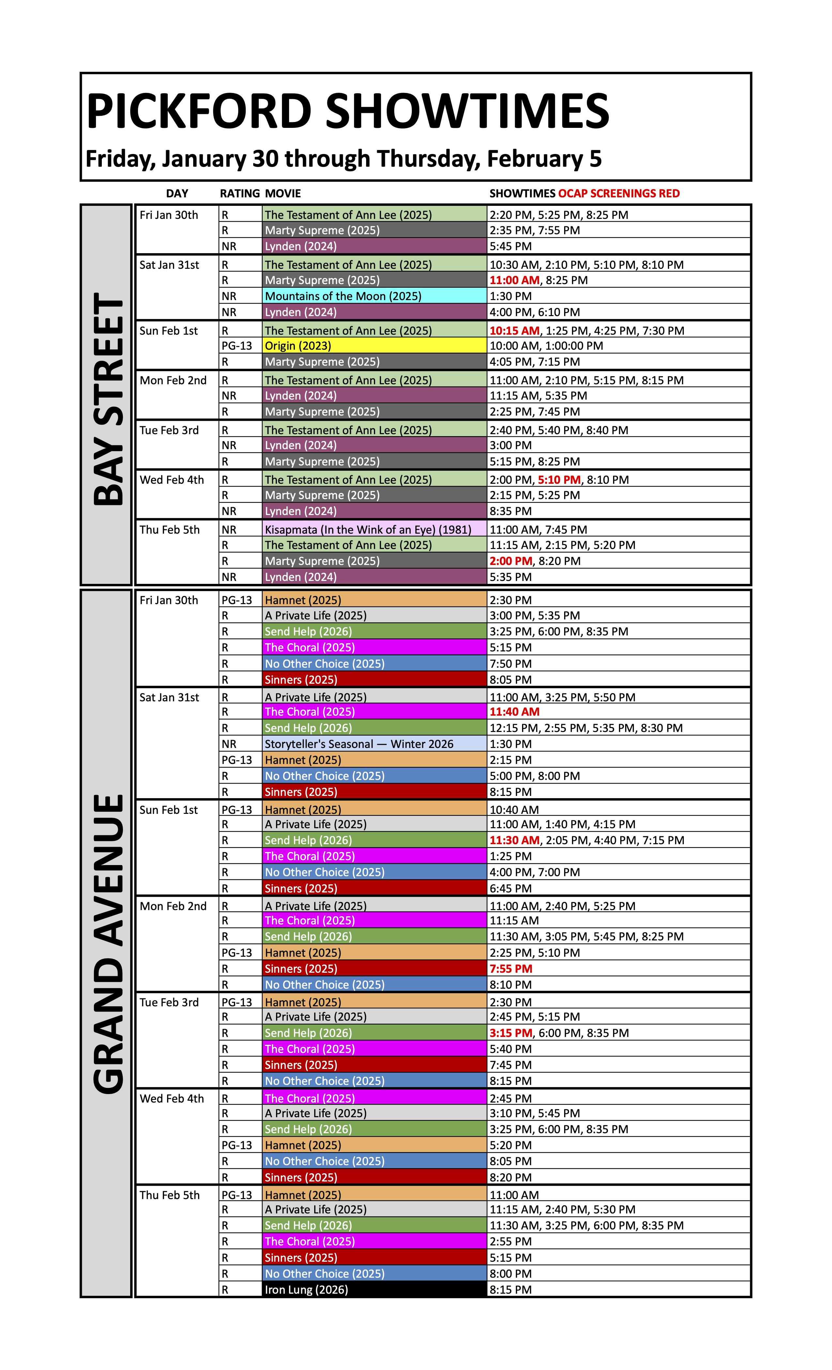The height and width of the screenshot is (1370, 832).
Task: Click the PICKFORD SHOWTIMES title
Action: [x=347, y=111]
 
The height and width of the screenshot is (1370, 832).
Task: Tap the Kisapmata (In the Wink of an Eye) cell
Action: [x=368, y=529]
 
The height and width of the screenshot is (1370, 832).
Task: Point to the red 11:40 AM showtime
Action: [x=515, y=712]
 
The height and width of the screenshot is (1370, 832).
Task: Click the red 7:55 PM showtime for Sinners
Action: [x=511, y=968]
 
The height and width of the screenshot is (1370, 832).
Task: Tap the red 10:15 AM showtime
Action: [x=515, y=331]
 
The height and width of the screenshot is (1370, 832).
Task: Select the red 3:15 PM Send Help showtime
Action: [x=511, y=1033]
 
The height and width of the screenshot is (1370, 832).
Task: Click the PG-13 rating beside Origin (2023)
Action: [x=237, y=346]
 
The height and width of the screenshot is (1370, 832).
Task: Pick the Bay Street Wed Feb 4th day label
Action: [x=172, y=480]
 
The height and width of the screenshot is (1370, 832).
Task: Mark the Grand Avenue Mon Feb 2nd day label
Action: [x=173, y=906]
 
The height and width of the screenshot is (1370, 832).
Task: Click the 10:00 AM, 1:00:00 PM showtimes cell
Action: [x=546, y=346]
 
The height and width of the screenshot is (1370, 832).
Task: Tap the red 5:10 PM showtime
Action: [x=559, y=480]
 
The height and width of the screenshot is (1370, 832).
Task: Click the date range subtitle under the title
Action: [x=343, y=159]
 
